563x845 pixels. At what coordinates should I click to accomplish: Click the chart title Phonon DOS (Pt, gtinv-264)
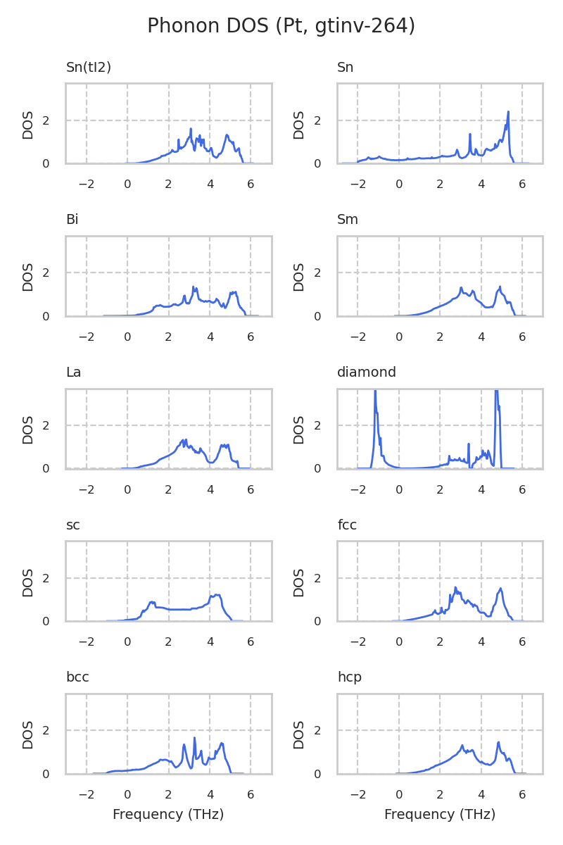click(281, 26)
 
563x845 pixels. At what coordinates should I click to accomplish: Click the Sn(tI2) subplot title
click(89, 68)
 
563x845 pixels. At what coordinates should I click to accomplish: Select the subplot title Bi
click(72, 220)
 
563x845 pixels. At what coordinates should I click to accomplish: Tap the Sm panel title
click(348, 220)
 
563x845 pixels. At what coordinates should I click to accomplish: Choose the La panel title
click(73, 373)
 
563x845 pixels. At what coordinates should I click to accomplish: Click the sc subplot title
click(72, 525)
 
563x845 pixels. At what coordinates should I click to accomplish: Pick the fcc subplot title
click(348, 525)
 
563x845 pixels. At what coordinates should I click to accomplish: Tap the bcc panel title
click(77, 677)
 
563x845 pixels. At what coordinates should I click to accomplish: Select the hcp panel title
click(350, 677)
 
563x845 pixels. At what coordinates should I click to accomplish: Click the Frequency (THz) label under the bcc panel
click(168, 815)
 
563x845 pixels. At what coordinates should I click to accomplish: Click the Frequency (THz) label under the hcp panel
click(440, 815)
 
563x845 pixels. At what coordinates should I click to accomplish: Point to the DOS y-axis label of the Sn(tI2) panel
click(28, 124)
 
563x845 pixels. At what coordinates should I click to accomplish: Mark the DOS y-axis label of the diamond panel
click(300, 429)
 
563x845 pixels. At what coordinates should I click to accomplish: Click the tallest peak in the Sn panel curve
click(508, 112)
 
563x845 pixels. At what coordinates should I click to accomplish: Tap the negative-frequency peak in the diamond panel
click(375, 392)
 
